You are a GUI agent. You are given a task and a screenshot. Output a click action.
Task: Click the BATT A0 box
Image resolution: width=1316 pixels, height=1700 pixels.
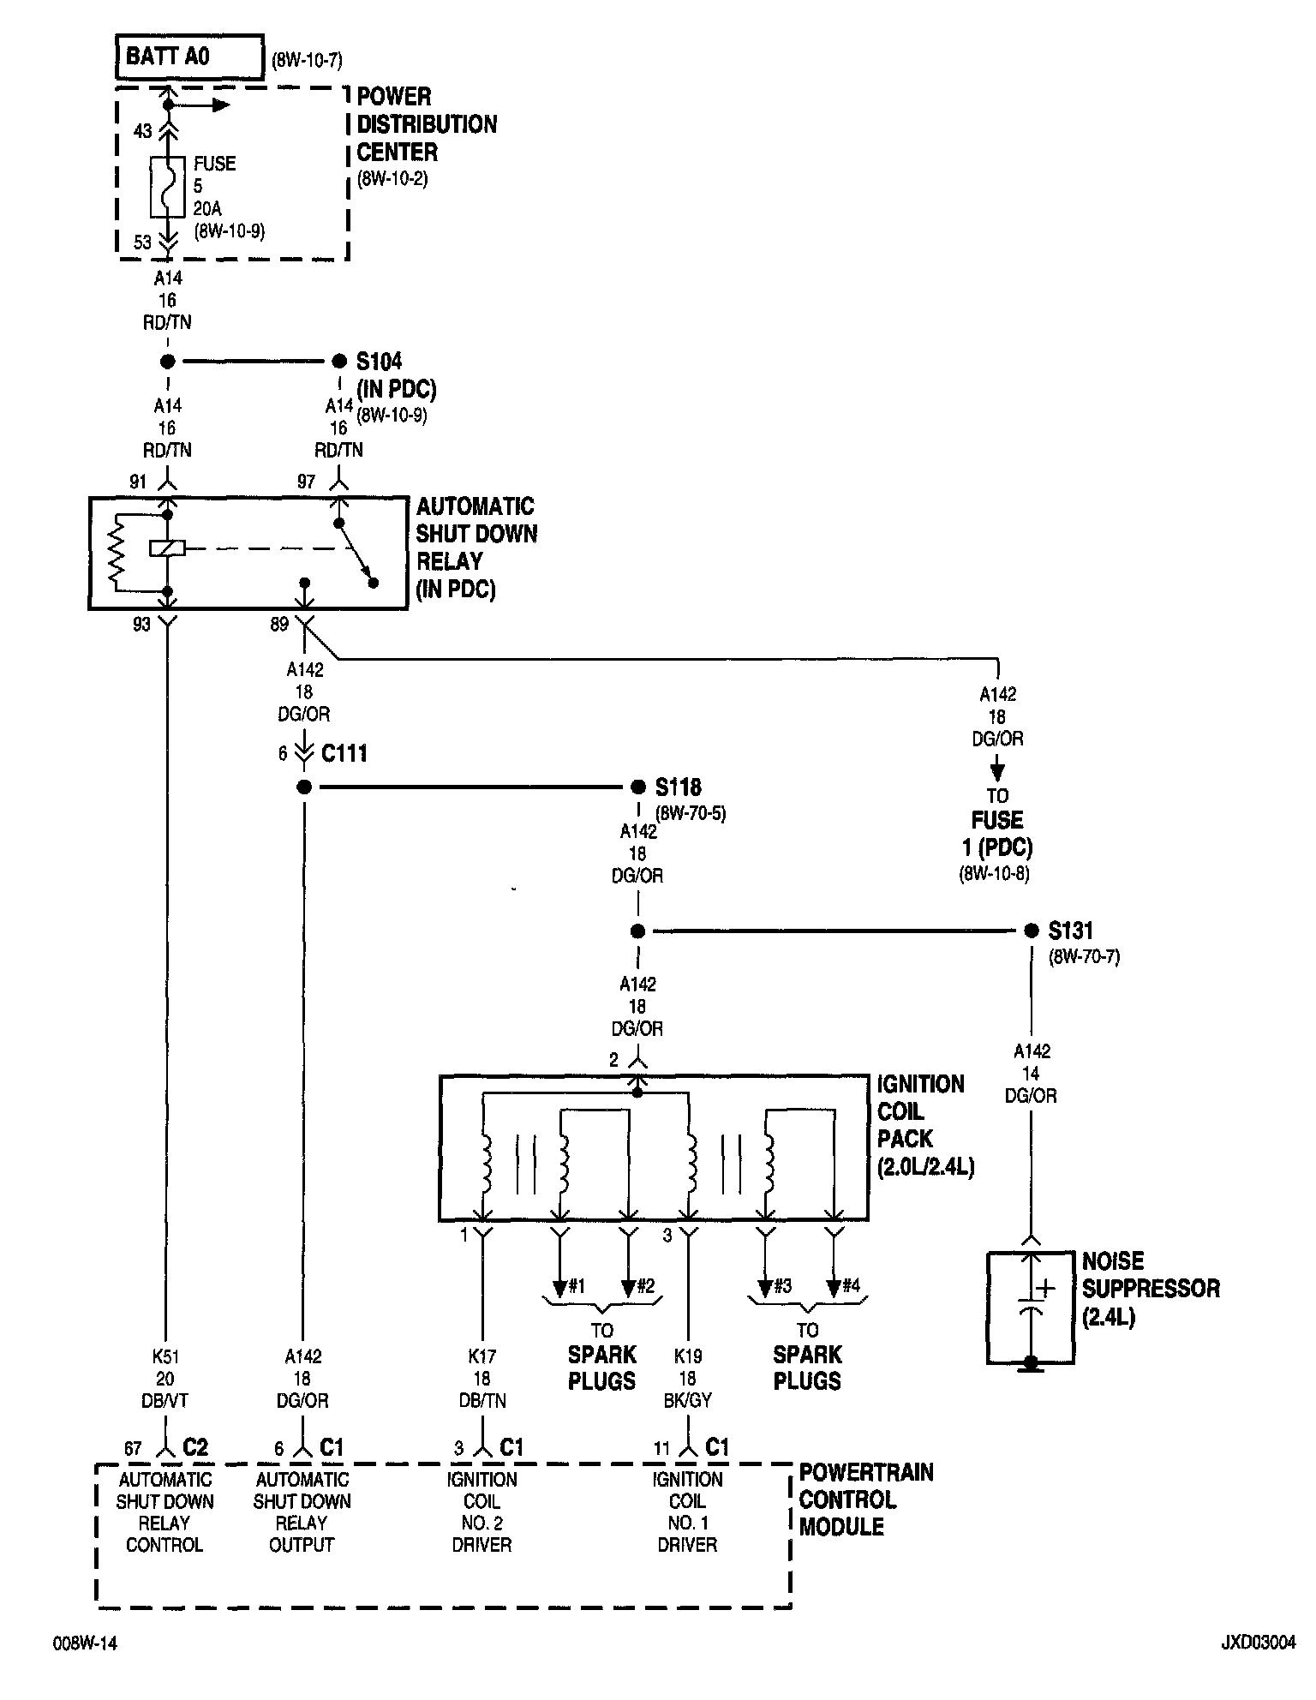(188, 57)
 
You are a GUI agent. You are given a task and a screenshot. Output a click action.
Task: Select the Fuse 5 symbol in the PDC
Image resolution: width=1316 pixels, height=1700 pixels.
(168, 186)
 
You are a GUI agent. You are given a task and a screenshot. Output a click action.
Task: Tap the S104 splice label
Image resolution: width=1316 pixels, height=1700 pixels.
(380, 361)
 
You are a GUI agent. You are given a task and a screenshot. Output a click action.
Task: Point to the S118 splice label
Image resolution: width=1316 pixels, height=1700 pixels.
(679, 787)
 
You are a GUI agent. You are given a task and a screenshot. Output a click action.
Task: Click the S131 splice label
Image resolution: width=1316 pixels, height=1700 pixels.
(1070, 931)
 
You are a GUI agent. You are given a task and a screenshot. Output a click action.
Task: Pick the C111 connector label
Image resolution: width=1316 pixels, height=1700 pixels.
(344, 754)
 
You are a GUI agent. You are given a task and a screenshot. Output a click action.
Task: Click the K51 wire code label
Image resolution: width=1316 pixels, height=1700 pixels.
(165, 1356)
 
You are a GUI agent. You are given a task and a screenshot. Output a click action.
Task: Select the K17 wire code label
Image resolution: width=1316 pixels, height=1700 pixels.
(482, 1356)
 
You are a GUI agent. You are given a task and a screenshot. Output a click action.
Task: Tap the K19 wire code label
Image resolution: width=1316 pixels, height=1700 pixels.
(688, 1356)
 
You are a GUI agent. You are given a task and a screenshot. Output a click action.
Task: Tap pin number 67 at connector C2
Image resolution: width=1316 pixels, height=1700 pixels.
(133, 1448)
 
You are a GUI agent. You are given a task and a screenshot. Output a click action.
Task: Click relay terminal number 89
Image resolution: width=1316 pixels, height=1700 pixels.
(279, 625)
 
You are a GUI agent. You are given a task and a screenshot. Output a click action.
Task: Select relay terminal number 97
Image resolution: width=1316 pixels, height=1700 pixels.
(306, 482)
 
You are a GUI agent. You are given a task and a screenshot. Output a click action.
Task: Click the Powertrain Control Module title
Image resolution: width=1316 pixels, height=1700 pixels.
(865, 1499)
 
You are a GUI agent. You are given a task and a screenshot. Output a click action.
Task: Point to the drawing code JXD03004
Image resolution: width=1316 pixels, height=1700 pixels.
(1258, 1643)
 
